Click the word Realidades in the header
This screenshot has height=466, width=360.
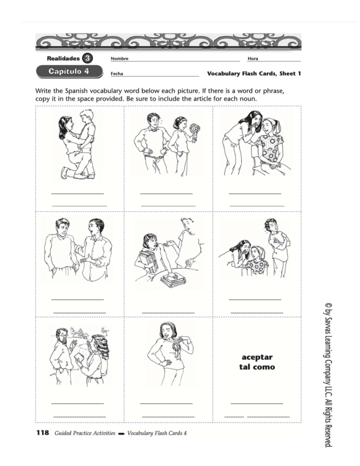click(63, 58)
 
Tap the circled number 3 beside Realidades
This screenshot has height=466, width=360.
click(87, 58)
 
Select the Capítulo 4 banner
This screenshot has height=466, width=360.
click(69, 72)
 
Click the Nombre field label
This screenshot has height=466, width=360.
click(119, 59)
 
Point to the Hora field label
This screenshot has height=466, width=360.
click(253, 59)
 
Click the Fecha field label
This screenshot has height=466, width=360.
click(117, 74)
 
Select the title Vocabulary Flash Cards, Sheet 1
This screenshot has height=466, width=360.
click(254, 74)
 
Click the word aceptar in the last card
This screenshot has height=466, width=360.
click(257, 357)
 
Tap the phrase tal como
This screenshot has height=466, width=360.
click(257, 367)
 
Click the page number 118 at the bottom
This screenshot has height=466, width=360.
click(42, 433)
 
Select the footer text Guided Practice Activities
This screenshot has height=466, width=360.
click(85, 433)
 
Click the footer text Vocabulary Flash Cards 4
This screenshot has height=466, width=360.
click(157, 433)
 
